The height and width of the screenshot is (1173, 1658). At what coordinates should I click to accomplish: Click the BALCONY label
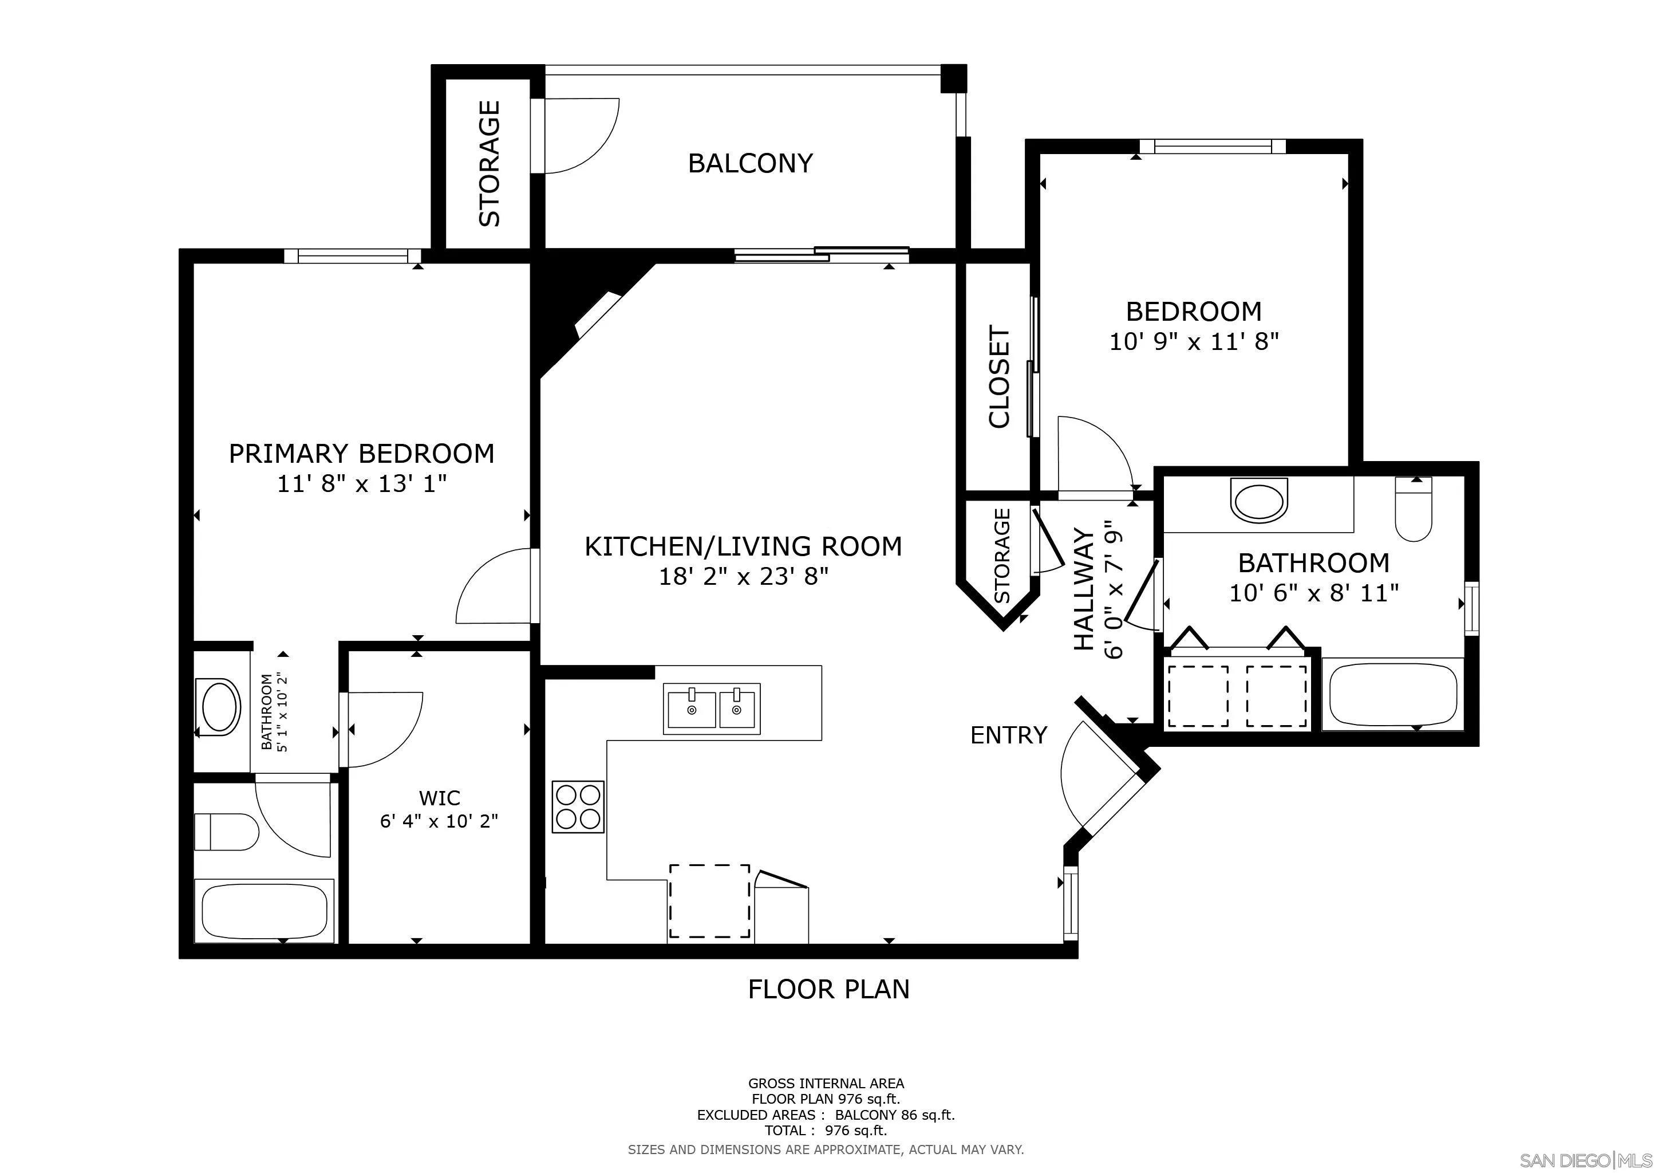click(751, 163)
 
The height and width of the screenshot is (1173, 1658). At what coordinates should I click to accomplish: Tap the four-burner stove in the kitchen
click(578, 806)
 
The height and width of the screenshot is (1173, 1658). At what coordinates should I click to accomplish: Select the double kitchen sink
click(712, 708)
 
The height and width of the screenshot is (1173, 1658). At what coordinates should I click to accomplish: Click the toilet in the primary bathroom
click(226, 833)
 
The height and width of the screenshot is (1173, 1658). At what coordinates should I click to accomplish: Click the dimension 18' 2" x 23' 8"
click(743, 576)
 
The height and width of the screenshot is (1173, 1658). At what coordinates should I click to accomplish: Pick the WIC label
click(439, 798)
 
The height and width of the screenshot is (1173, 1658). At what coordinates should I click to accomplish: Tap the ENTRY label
click(1008, 735)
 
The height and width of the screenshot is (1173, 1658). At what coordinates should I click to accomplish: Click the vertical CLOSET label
click(998, 377)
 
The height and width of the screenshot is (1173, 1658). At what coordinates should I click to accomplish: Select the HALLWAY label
click(1084, 589)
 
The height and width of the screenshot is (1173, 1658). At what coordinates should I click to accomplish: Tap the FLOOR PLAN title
click(828, 989)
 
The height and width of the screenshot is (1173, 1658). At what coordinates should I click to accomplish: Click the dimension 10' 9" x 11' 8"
click(1194, 341)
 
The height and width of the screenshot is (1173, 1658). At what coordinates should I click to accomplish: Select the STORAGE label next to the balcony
click(489, 163)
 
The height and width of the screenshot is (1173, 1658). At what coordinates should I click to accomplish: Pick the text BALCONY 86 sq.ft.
click(895, 1115)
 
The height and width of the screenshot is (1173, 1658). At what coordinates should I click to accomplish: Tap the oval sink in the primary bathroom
click(220, 706)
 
